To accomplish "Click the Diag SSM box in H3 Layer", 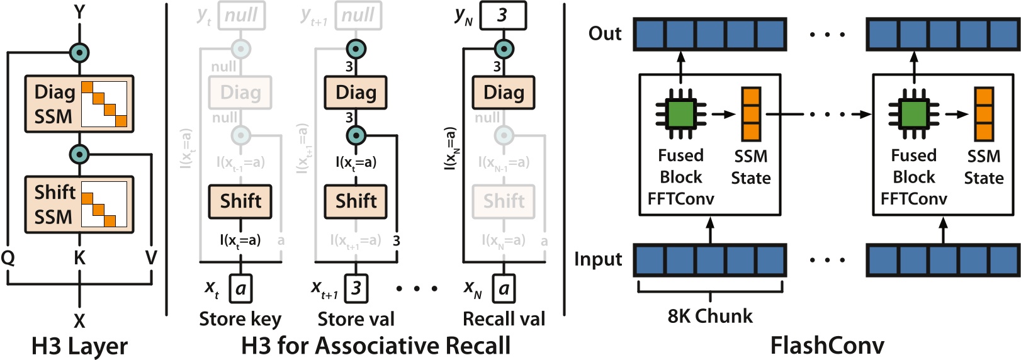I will point(79,104).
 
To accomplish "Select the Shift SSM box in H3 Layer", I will point(79,205).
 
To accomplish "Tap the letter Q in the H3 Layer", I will point(8,257).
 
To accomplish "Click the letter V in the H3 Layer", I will point(151,257).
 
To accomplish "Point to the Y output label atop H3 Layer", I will point(79,11).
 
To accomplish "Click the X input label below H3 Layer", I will point(79,321).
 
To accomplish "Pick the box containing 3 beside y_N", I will point(503,16).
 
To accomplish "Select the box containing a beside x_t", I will point(240,289).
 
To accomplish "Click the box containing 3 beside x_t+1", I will point(356,289).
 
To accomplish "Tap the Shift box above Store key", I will point(240,201).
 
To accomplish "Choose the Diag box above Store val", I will point(356,93).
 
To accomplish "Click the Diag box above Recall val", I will point(504,93).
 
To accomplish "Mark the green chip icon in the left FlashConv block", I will point(680,114).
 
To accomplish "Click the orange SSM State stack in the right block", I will point(984,114).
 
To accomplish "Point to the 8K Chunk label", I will point(710,316).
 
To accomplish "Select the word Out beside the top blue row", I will point(605,33).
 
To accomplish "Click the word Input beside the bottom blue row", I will point(598,259).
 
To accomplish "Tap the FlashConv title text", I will point(827,346).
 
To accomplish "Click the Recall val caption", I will point(504,319).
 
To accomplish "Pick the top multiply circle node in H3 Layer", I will point(79,53).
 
